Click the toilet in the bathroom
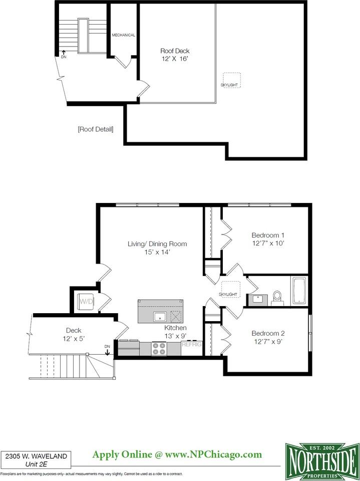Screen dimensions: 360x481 277,298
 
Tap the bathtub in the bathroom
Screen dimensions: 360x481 299,291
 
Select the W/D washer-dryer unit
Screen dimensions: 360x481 86,302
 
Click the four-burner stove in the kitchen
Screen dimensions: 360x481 159,349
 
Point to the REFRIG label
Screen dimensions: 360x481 191,344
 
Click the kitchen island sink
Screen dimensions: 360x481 160,316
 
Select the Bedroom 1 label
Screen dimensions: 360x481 268,235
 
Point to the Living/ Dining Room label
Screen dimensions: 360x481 157,244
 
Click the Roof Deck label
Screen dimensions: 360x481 175,51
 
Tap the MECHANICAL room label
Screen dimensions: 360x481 124,35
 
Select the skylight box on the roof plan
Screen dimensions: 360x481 232,80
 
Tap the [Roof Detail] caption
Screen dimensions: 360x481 96,129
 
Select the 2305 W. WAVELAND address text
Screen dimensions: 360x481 36,456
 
